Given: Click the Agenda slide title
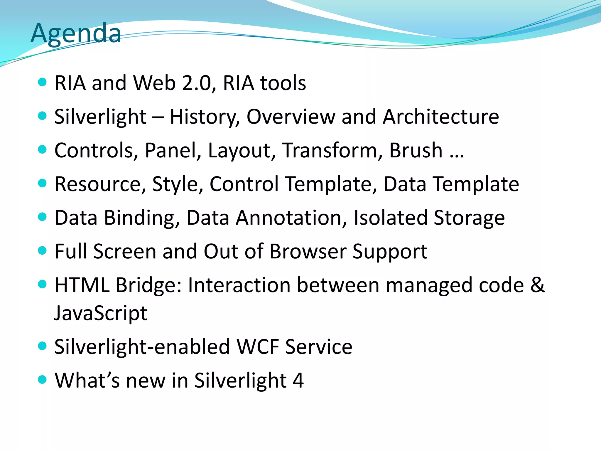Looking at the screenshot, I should tap(76, 33).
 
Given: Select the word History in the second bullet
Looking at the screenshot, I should tap(205, 117).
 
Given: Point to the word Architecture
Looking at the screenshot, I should tap(441, 117).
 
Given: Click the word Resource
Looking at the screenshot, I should tap(98, 184).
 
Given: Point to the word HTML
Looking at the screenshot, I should tap(82, 285).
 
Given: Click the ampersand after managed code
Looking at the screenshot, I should tap(537, 285).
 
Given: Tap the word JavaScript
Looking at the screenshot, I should tap(101, 313).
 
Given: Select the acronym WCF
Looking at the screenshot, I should tap(258, 347).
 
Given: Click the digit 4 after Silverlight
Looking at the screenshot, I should tap(298, 381).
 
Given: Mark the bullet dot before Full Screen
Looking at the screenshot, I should tap(43, 251).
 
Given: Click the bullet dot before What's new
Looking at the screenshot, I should tap(43, 379).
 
